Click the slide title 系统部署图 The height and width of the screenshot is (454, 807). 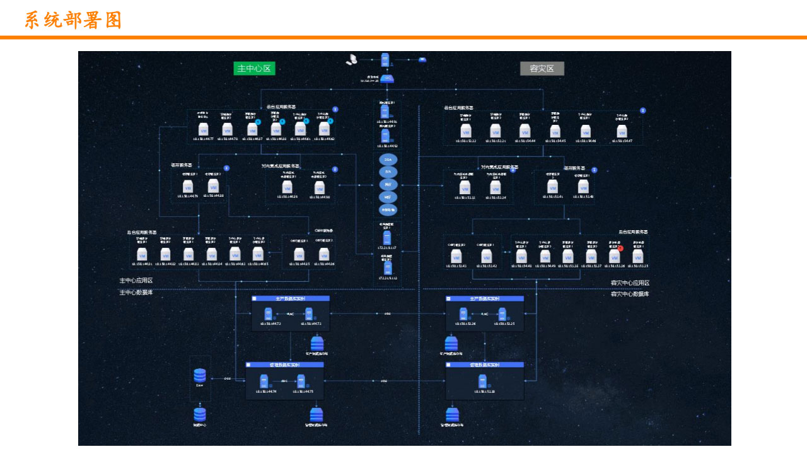[73, 20]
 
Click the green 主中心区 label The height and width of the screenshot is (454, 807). [254, 69]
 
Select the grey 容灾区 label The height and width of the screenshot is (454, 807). [542, 69]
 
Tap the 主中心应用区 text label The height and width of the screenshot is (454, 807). [136, 281]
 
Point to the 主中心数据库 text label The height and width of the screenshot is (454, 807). [136, 293]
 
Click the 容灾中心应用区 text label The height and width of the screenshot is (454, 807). [630, 283]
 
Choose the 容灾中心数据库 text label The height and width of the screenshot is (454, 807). [630, 294]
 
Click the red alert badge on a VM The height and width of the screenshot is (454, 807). [620, 248]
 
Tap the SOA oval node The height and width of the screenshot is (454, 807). [388, 160]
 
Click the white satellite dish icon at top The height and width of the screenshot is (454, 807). [352, 60]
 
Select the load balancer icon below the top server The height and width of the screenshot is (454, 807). [386, 79]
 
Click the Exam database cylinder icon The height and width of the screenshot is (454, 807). [200, 375]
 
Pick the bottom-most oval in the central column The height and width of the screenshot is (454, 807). [388, 209]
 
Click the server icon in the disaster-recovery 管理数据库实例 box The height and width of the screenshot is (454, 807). [483, 381]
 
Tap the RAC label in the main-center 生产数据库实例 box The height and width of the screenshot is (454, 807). [291, 313]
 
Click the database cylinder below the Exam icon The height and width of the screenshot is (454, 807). [200, 414]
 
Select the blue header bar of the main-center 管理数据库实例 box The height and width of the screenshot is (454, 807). [284, 364]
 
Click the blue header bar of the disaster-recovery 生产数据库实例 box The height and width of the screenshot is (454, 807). [485, 298]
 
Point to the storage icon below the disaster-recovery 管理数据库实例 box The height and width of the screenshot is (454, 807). [452, 414]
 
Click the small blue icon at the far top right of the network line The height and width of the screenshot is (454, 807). [422, 60]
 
